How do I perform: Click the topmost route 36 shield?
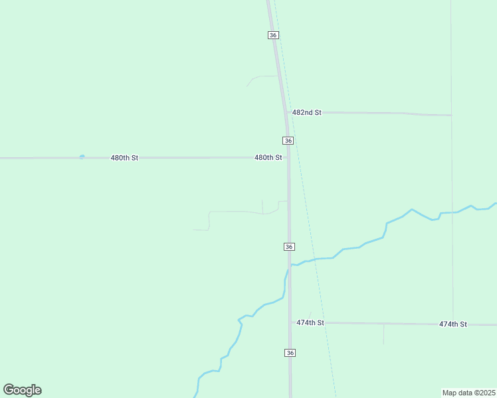coord(273,34)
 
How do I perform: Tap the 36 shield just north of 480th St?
coord(288,141)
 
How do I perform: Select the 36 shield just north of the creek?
coord(288,247)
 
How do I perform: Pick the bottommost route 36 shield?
coord(290,353)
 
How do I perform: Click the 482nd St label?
coord(307,113)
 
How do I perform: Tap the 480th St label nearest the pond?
coord(124,158)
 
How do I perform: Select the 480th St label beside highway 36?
coord(268,158)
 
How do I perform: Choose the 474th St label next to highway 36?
coord(310,322)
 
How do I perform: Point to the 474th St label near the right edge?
coord(453,324)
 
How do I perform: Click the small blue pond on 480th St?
coord(82,157)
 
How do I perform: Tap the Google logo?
coord(22,390)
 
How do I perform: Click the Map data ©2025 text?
coord(468,392)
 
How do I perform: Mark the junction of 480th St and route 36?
coord(288,158)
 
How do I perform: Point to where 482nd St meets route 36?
coord(286,112)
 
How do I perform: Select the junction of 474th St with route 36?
coord(290,322)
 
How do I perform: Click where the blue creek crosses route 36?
coord(289,265)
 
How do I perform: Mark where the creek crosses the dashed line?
coord(315,259)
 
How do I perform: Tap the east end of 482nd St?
coord(451,115)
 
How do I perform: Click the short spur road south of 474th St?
coord(383,334)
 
